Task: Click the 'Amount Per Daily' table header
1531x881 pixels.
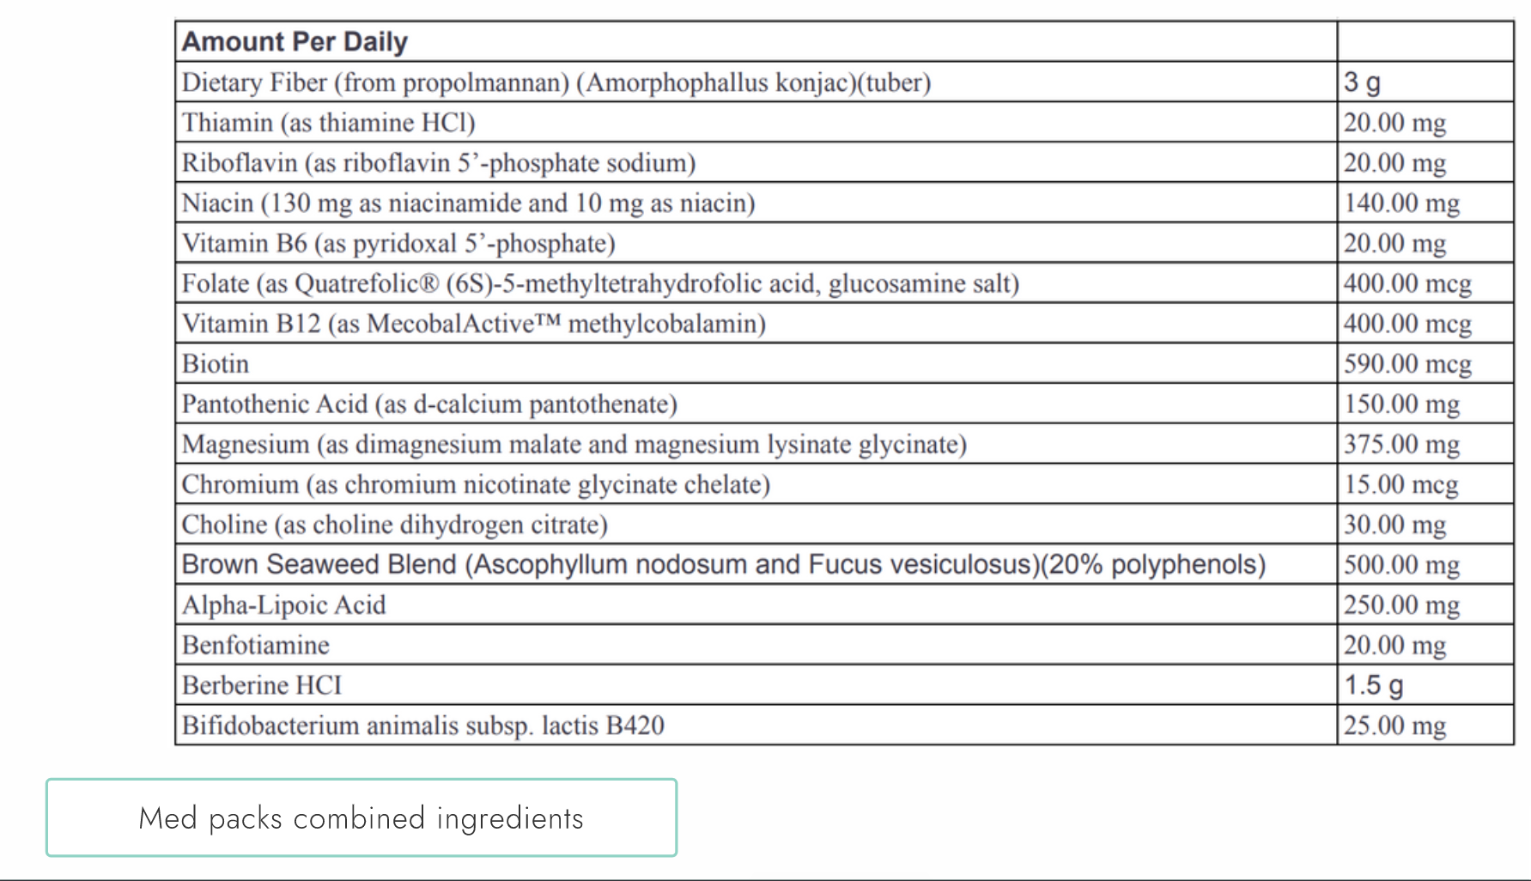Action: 295,42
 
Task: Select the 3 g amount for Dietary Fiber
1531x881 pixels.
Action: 1362,82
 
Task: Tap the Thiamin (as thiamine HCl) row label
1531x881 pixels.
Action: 328,123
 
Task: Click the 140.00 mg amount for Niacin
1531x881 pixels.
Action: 1401,204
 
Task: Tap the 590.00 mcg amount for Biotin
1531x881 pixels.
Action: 1407,364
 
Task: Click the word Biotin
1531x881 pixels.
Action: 216,364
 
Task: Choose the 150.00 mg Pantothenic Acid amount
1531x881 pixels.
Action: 1401,404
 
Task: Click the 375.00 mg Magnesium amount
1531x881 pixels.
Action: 1401,445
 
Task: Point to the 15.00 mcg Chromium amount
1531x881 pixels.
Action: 1400,485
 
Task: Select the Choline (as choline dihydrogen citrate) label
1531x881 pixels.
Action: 394,525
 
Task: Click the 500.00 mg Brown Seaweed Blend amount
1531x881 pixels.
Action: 1401,565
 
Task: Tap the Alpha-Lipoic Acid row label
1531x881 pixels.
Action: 283,605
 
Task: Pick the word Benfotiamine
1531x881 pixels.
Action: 255,646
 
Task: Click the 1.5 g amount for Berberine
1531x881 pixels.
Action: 1373,685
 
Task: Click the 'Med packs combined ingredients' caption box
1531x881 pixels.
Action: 361,817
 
